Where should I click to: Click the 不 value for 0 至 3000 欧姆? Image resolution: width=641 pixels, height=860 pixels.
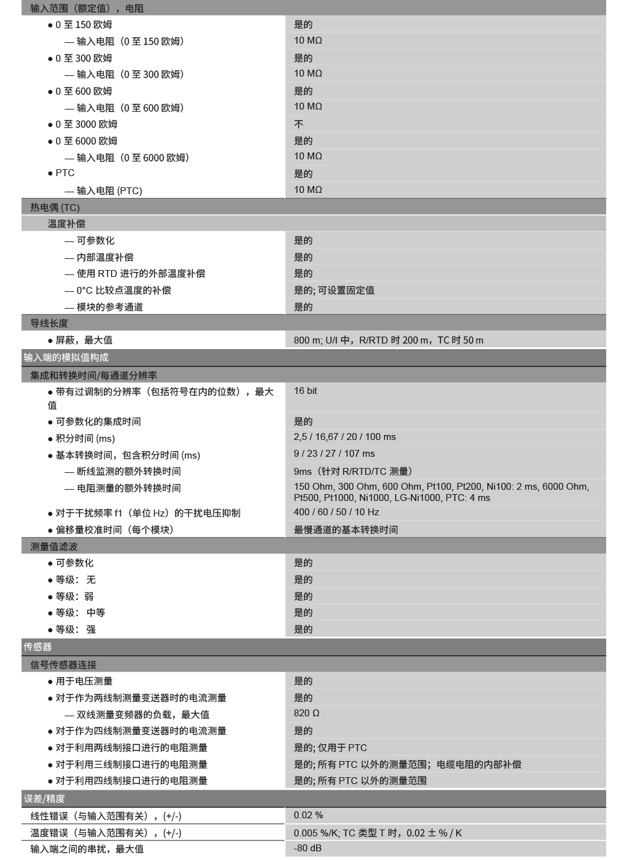pyautogui.click(x=299, y=124)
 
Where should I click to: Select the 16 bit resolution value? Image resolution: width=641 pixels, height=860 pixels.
pyautogui.click(x=306, y=391)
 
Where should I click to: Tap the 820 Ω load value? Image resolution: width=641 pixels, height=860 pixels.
pyautogui.click(x=307, y=713)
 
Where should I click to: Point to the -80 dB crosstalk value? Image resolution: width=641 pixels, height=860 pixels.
pyautogui.click(x=307, y=848)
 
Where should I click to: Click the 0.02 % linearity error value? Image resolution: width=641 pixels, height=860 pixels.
pyautogui.click(x=309, y=815)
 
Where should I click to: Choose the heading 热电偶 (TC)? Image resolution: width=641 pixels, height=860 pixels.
pyautogui.click(x=55, y=207)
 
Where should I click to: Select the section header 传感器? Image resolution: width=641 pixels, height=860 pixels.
pyautogui.click(x=38, y=647)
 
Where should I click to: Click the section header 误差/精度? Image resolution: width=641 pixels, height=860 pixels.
pyautogui.click(x=44, y=799)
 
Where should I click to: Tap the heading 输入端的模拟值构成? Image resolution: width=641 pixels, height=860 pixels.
pyautogui.click(x=66, y=358)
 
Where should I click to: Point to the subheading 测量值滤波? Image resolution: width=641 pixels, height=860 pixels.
pyautogui.click(x=54, y=546)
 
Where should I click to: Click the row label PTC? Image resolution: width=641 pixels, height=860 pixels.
pyautogui.click(x=65, y=173)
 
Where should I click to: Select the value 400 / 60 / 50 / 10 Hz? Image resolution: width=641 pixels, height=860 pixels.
pyautogui.click(x=337, y=512)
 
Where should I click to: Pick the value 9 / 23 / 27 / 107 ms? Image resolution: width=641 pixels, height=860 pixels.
pyautogui.click(x=334, y=454)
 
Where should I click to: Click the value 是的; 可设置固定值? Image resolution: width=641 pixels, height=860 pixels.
pyautogui.click(x=334, y=291)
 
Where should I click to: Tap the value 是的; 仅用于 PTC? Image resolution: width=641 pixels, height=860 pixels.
pyautogui.click(x=330, y=748)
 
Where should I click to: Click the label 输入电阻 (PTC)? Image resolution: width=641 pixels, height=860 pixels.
pyautogui.click(x=110, y=191)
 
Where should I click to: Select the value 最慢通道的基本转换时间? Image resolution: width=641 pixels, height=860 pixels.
pyautogui.click(x=346, y=530)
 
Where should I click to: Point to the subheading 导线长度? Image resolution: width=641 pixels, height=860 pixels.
pyautogui.click(x=49, y=324)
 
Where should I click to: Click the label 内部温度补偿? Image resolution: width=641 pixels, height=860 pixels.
pyautogui.click(x=105, y=258)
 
